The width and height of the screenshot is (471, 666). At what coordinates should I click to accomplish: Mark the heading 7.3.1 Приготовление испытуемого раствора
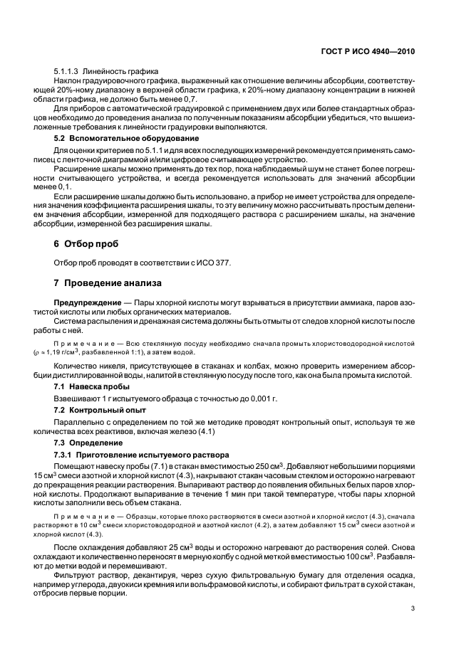[139, 455]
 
